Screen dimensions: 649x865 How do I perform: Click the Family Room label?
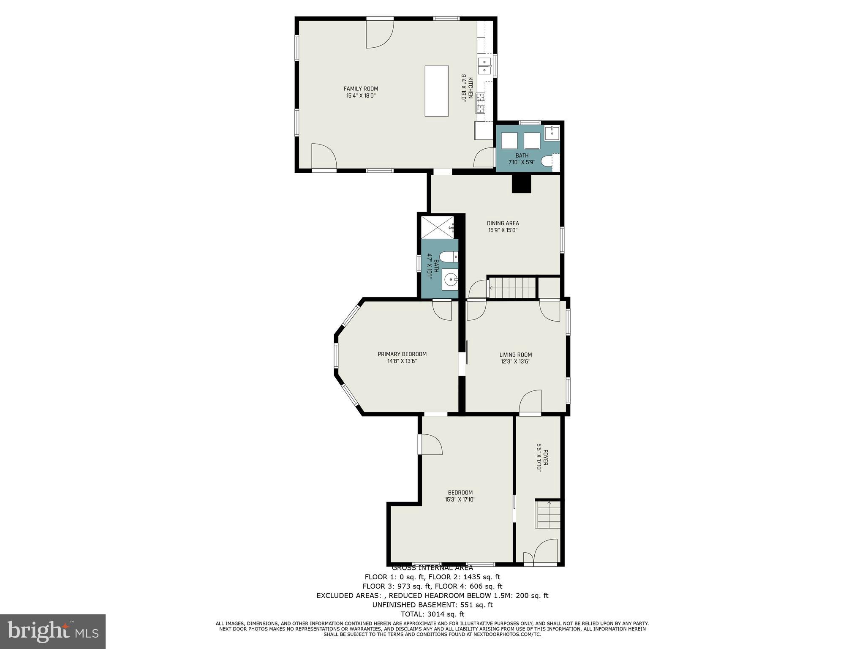point(361,89)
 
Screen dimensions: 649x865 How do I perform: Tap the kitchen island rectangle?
point(436,91)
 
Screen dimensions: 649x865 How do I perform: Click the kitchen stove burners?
point(481,103)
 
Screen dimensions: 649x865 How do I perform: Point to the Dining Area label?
point(503,224)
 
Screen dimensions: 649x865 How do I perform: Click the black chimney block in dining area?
point(521,184)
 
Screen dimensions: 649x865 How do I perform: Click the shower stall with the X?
point(438,228)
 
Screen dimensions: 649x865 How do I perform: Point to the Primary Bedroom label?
point(402,354)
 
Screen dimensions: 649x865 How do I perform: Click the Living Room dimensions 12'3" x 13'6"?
point(515,362)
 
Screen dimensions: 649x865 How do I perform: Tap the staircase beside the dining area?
point(512,288)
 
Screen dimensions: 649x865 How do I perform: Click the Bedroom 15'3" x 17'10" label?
point(460,496)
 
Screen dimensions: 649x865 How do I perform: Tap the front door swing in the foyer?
point(546,551)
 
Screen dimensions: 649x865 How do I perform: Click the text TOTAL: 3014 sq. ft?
point(432,614)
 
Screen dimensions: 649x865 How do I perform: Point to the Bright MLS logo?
point(52,631)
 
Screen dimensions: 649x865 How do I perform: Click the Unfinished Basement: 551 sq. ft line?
point(432,605)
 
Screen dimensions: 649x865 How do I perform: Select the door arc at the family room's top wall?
point(379,34)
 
